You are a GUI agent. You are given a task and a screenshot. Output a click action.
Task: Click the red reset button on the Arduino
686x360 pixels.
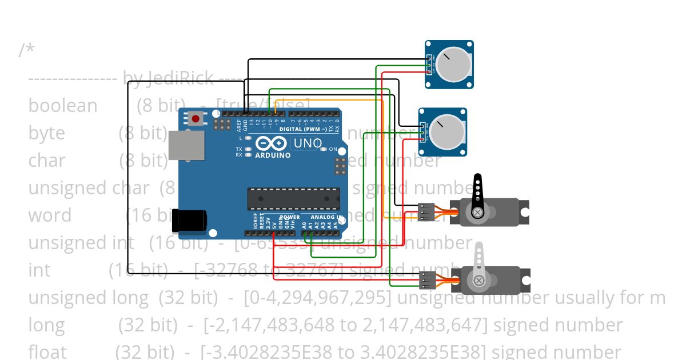pos(196,119)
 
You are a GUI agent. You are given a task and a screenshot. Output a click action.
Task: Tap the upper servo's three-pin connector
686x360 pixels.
pos(426,212)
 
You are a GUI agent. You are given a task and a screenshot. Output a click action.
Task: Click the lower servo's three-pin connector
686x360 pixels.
pos(428,279)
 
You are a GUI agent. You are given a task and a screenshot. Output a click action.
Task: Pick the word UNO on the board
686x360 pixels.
pos(307,143)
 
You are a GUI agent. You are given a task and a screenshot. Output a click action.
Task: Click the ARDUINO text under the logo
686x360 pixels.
pos(273,155)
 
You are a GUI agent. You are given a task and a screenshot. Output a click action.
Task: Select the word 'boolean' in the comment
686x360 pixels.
pos(63,106)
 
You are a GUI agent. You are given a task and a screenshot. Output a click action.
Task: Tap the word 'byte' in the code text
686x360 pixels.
pos(46,133)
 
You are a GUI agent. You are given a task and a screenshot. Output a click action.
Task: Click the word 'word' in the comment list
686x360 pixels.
pos(50,215)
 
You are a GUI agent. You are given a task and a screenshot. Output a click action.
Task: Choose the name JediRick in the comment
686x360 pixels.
pos(181,78)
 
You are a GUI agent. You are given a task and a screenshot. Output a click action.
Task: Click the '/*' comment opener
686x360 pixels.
pos(26,50)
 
